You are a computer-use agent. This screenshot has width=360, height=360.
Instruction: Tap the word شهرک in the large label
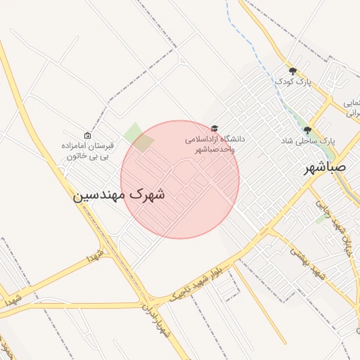(148, 194)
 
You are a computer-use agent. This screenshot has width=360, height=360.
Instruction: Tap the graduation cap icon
(214, 129)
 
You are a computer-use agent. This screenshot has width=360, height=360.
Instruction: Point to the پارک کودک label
(292, 82)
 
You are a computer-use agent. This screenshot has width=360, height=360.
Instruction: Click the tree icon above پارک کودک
(293, 70)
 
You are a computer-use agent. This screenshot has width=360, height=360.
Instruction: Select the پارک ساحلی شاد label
(309, 141)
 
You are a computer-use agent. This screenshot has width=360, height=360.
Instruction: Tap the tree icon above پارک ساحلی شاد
(307, 129)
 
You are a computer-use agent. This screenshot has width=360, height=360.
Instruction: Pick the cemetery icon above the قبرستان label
(87, 136)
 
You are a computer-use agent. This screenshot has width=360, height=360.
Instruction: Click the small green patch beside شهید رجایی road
(321, 218)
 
